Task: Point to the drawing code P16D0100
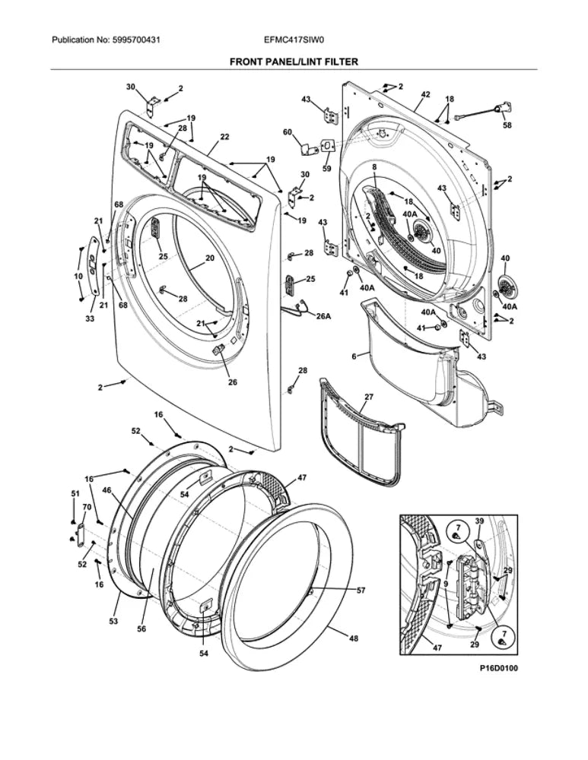[x=497, y=668]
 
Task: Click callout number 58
[x=507, y=125]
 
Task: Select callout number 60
[x=288, y=132]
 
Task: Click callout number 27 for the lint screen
[x=368, y=397]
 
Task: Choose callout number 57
[x=361, y=591]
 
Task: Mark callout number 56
[x=141, y=629]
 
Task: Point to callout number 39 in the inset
[x=479, y=521]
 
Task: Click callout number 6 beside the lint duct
[x=354, y=356]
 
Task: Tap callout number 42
[x=425, y=94]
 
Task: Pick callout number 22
[x=224, y=137]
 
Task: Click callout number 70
[x=86, y=507]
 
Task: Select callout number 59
[x=326, y=168]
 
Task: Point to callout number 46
[x=106, y=492]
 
